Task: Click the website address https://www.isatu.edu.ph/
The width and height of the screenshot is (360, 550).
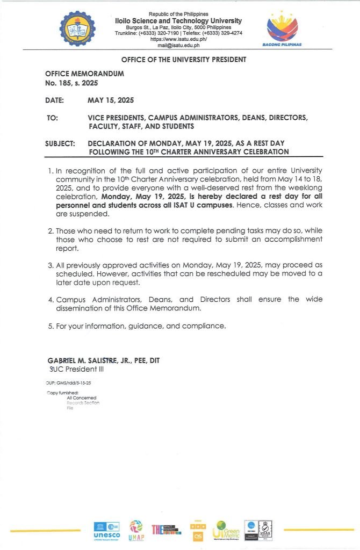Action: coord(178,39)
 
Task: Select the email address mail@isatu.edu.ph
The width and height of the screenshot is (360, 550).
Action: coord(178,45)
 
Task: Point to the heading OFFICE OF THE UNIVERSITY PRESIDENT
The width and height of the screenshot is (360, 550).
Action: coord(184,60)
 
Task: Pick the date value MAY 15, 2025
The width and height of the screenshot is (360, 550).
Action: coord(111,100)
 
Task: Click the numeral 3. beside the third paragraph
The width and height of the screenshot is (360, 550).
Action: coord(51,265)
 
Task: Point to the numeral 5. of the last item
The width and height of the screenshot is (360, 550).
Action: coord(51,326)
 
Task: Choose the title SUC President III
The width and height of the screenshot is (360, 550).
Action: coord(76,370)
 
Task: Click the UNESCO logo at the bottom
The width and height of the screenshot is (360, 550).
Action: coord(106,531)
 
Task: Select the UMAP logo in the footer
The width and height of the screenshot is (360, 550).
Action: coord(136,531)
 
